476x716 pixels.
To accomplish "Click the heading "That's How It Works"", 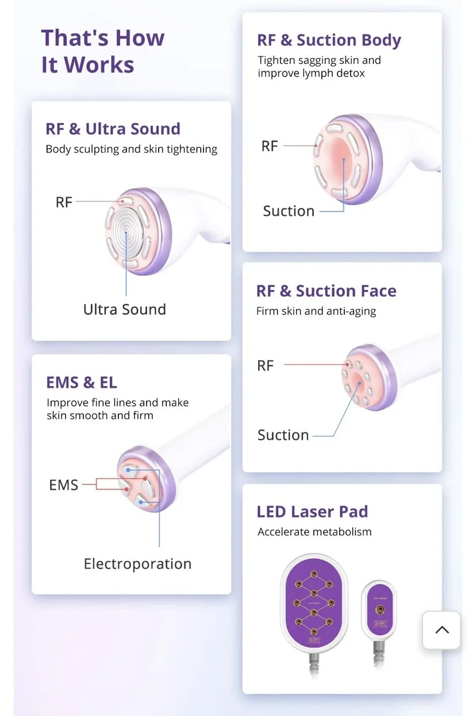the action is tap(103, 51).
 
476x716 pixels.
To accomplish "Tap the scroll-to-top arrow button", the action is tap(442, 630).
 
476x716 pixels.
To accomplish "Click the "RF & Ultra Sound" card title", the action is tap(113, 128).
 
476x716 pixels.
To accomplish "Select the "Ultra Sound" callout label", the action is tap(124, 309).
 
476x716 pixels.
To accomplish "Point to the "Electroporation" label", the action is tap(137, 563).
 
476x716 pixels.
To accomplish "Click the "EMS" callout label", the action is tap(63, 485).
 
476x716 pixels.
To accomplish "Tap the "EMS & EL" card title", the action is tap(82, 382).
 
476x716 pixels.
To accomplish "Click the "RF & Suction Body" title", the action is tap(329, 40).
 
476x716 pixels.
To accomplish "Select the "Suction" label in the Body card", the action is tap(289, 211).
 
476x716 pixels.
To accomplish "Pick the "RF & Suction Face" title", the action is tap(326, 291).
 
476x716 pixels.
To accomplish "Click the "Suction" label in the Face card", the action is tap(283, 435).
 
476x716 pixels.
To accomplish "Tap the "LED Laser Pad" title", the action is tap(312, 511).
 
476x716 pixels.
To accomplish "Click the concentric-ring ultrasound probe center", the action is tap(126, 232).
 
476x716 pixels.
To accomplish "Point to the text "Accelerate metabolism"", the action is tap(314, 532).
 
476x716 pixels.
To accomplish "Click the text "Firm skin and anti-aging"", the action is tap(316, 311).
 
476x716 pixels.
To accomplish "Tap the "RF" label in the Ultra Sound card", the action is tap(64, 202).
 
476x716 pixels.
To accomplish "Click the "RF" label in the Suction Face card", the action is tap(265, 365).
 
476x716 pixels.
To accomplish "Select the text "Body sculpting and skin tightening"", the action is tap(131, 149).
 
